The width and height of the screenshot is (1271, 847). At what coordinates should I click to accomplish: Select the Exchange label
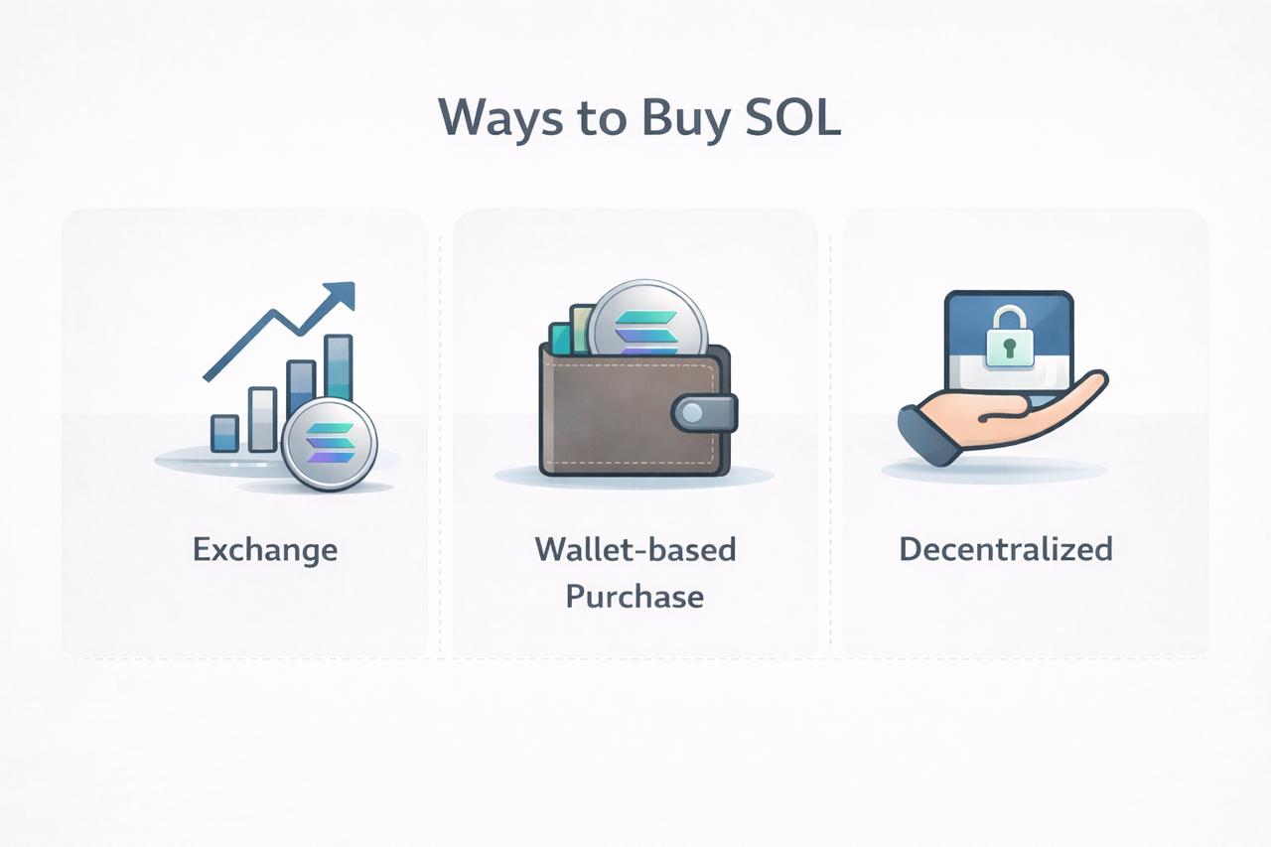pos(265,550)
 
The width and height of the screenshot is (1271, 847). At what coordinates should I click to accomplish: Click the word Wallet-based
pos(635,549)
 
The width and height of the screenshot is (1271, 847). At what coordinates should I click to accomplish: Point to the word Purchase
pos(635,597)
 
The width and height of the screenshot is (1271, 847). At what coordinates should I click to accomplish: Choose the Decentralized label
pos(1006,549)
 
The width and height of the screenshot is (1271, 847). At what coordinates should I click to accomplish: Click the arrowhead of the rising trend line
pos(341,296)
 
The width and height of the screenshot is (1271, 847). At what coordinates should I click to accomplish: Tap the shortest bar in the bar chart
pos(224,433)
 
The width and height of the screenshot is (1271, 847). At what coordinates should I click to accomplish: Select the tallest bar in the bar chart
pos(339,367)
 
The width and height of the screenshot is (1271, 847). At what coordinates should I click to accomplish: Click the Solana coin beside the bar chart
pos(329,444)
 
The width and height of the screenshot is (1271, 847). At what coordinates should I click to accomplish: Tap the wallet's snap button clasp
pos(704,412)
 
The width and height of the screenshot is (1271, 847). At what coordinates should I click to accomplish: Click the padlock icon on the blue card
pos(1008,338)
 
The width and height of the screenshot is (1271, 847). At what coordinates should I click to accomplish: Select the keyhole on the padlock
pos(1008,348)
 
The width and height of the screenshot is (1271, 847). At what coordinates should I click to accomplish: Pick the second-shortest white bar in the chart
pos(263,419)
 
